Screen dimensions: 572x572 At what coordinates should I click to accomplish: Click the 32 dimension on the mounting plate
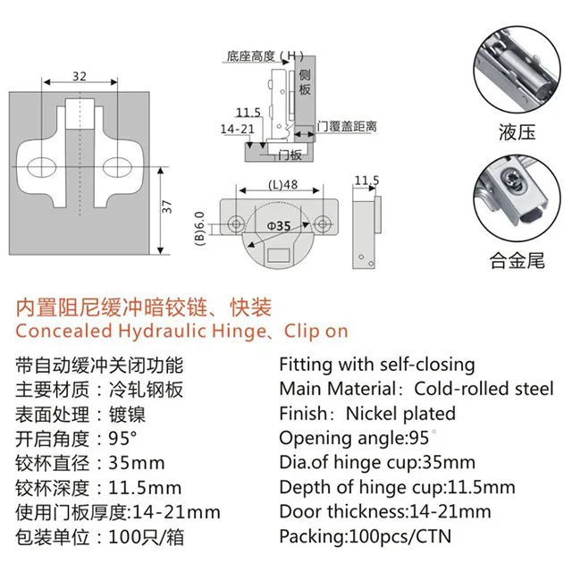tap(80, 77)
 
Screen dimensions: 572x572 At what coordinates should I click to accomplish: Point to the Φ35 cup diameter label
tap(278, 227)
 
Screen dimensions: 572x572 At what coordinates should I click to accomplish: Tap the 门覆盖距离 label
tap(348, 126)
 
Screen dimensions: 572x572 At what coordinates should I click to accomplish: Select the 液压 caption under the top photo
tap(517, 132)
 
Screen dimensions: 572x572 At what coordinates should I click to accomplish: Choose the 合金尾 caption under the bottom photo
tap(517, 262)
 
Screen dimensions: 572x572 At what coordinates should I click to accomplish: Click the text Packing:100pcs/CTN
tap(366, 536)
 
